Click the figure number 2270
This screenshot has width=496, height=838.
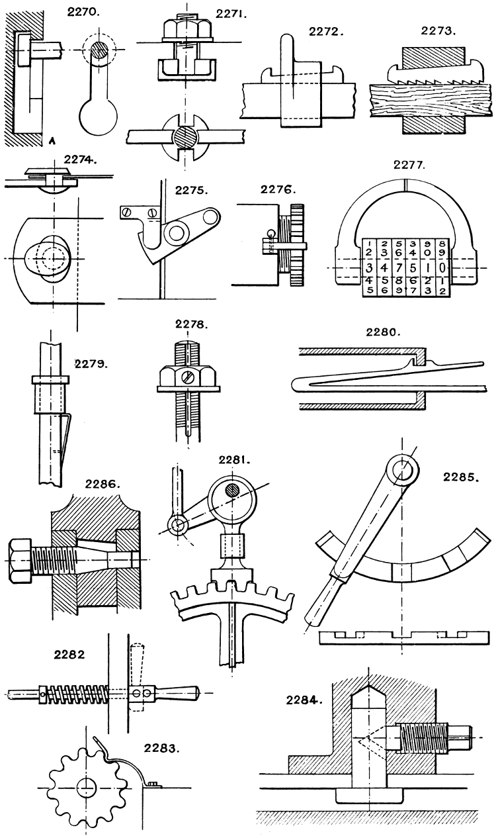click(x=82, y=11)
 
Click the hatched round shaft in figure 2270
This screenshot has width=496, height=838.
click(x=99, y=50)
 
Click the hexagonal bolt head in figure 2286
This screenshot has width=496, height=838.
click(x=19, y=559)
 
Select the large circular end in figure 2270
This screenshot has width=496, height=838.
click(x=98, y=116)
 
